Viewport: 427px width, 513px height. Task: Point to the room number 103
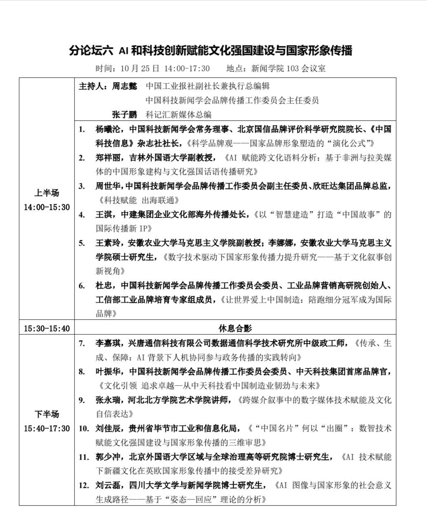(293, 68)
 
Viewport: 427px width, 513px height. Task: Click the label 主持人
(92, 86)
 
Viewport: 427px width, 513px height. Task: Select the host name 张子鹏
(125, 115)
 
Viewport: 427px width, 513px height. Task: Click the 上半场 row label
(47, 193)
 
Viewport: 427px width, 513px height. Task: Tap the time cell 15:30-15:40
(47, 328)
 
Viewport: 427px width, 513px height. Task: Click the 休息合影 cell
(235, 328)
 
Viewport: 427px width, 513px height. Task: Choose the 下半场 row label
(47, 414)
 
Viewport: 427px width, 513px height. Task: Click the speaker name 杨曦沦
(108, 129)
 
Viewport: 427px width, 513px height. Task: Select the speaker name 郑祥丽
(108, 158)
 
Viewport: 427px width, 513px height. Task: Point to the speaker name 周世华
(108, 186)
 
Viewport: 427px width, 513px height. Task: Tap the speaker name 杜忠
(104, 286)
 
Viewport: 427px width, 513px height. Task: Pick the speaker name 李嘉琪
(108, 343)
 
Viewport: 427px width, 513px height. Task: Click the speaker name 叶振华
(108, 372)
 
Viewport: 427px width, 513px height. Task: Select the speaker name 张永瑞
(108, 400)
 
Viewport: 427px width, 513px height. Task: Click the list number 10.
(84, 429)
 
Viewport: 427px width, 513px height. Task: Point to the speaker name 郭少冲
(108, 457)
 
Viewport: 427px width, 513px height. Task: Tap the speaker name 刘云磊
(108, 486)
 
